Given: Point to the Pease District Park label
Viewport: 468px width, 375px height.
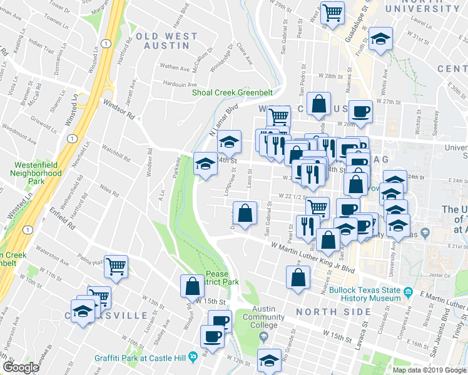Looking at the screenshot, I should point(223,278).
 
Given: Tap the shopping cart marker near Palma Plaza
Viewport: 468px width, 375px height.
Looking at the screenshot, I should point(116,266).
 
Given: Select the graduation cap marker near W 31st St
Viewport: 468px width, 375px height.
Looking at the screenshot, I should point(381,38).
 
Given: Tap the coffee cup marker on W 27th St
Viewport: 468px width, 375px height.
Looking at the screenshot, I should point(360,111).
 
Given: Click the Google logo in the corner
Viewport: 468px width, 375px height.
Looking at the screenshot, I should point(21,367).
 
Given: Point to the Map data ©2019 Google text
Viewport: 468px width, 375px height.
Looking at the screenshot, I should point(429,369).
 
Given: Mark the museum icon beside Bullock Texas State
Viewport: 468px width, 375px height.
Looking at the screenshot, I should point(408,292).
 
